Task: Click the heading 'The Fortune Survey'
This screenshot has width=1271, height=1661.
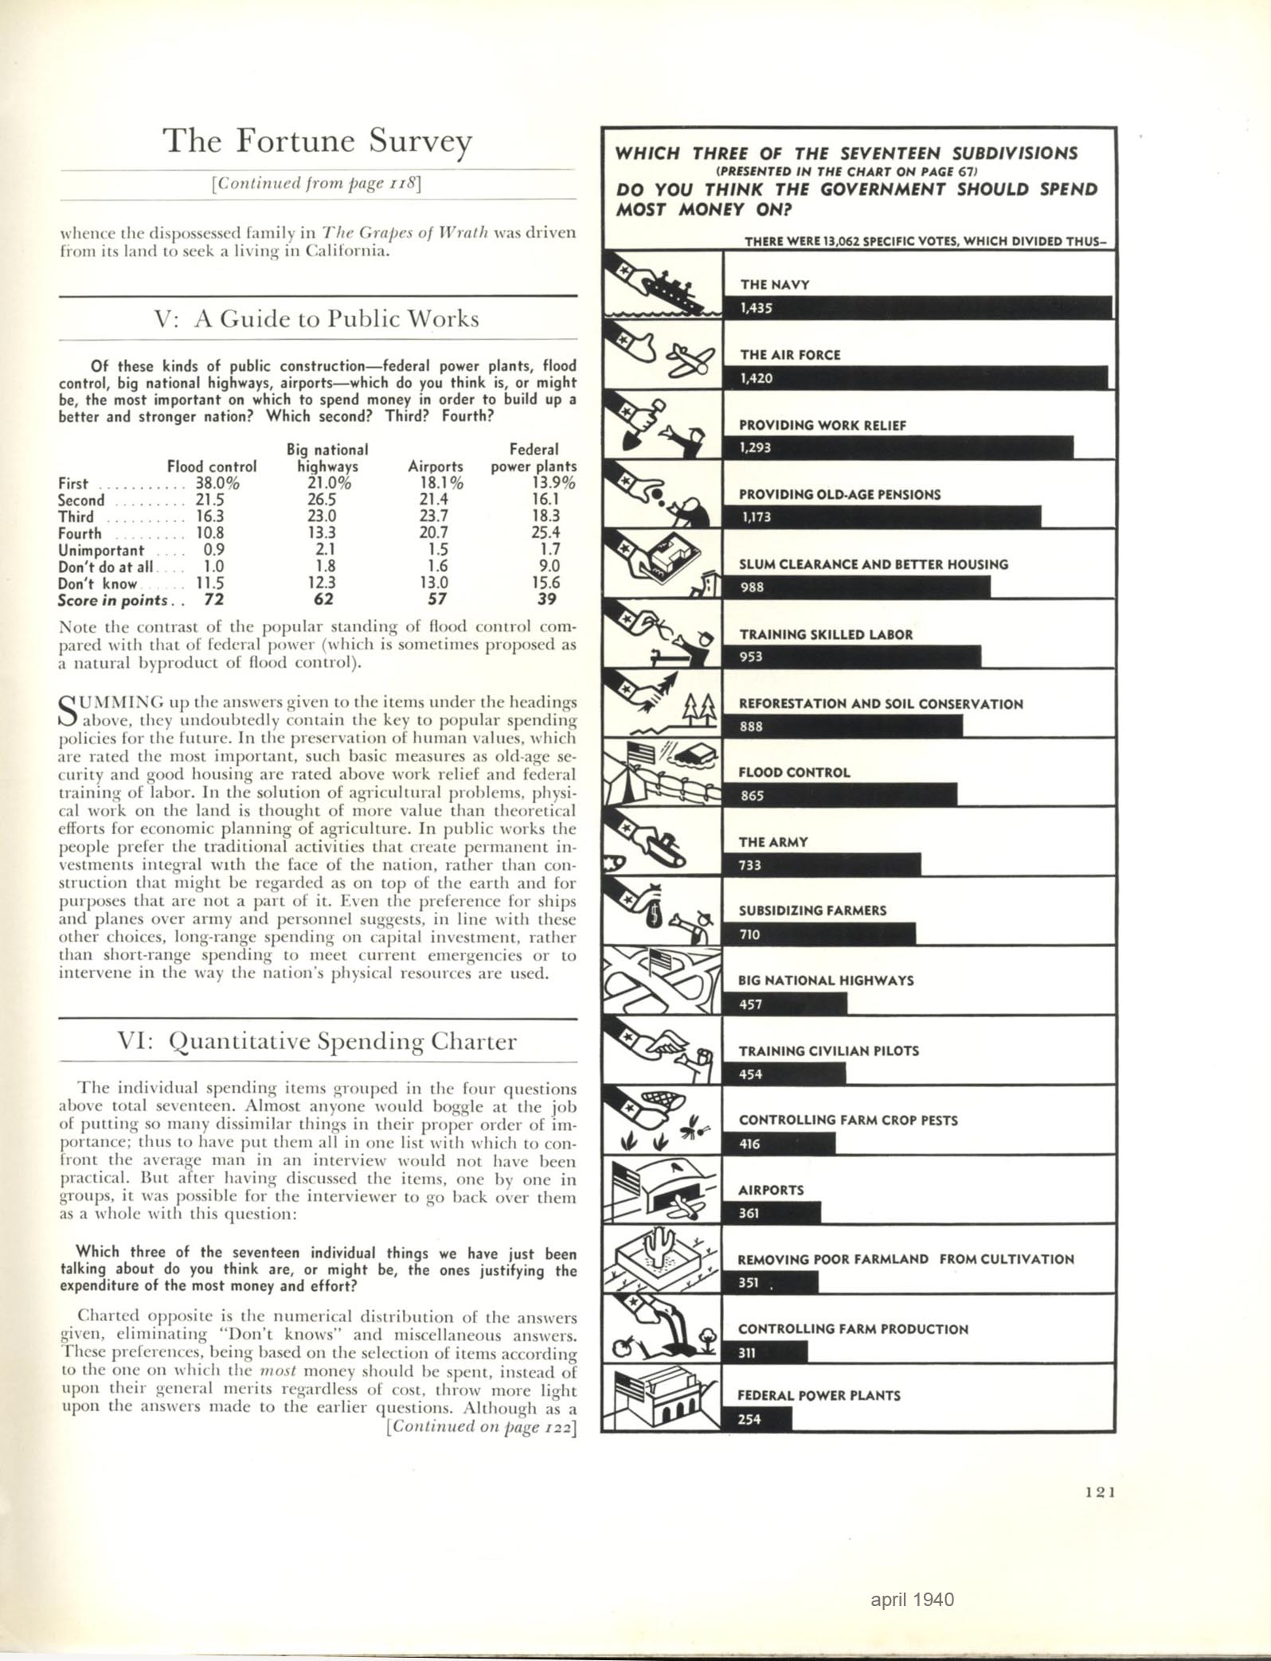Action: point(318,142)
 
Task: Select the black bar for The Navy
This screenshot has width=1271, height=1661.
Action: point(916,307)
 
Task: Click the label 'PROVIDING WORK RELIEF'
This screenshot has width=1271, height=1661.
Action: point(822,425)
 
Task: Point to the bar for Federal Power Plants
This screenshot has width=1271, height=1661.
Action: point(757,1419)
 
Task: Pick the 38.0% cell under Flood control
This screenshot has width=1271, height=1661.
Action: point(217,483)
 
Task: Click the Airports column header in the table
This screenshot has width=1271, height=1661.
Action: point(435,466)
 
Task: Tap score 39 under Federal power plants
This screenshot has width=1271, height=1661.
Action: point(546,599)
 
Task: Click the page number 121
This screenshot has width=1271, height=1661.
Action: point(1100,1493)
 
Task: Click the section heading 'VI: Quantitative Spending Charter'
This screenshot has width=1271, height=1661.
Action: point(317,1042)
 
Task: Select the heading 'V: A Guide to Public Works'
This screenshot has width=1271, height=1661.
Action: point(317,319)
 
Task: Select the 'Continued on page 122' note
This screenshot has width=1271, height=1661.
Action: point(480,1425)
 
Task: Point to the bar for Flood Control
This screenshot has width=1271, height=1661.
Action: point(840,795)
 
